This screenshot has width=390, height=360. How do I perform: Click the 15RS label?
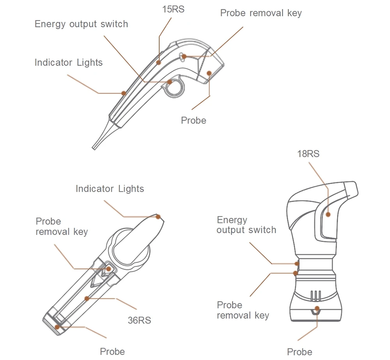click(x=174, y=9)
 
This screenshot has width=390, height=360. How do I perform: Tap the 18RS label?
click(x=308, y=154)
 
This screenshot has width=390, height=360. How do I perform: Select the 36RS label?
click(x=139, y=320)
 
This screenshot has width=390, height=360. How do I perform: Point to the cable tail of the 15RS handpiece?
click(x=101, y=135)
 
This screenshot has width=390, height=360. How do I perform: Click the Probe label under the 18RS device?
click(x=300, y=352)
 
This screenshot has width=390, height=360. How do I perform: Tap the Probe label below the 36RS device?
click(x=112, y=351)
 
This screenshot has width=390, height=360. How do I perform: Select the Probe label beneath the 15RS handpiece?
click(x=193, y=121)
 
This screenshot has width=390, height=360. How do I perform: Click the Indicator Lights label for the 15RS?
click(x=69, y=62)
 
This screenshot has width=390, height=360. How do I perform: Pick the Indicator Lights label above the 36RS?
click(x=110, y=189)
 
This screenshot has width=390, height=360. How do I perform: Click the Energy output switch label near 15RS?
click(x=82, y=24)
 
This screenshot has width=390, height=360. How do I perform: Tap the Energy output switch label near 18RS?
click(x=246, y=225)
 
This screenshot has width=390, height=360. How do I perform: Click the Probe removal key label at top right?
click(x=261, y=13)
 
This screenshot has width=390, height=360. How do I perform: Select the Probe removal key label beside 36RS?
click(x=62, y=226)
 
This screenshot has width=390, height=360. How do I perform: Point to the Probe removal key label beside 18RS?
click(x=243, y=310)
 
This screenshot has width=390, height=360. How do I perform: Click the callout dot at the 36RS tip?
click(x=158, y=217)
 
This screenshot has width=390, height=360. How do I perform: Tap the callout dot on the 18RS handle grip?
click(x=328, y=215)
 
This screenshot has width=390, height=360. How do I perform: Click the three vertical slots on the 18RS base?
click(x=316, y=296)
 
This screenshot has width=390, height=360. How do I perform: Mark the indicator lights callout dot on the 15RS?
click(x=124, y=93)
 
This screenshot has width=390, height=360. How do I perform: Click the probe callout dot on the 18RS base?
click(x=317, y=309)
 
